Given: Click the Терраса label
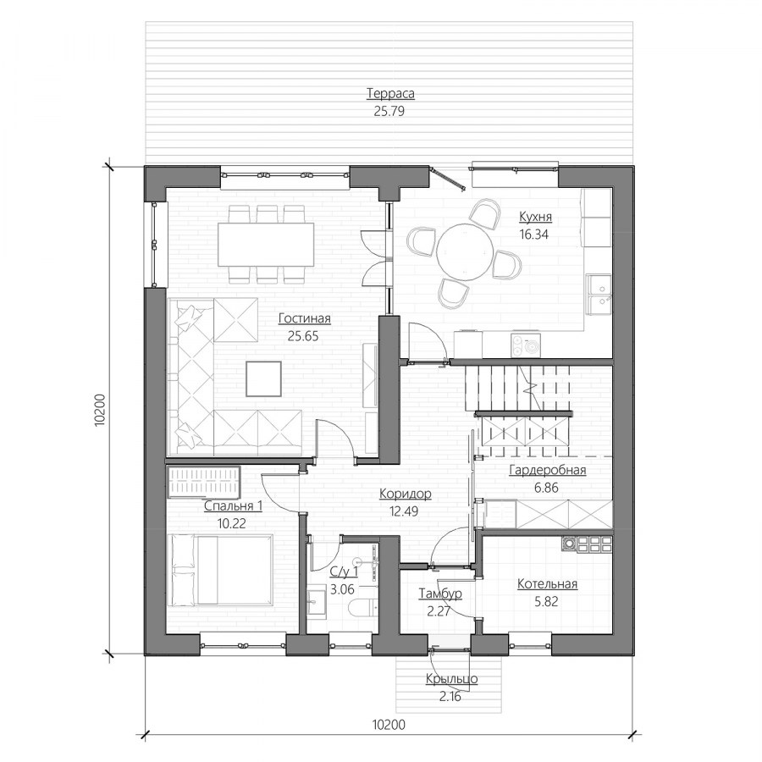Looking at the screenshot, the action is pyautogui.click(x=390, y=93).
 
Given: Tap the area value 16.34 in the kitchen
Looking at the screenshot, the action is pyautogui.click(x=533, y=235).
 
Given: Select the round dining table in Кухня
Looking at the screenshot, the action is pyautogui.click(x=465, y=251).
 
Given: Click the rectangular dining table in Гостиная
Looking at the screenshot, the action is pyautogui.click(x=266, y=244).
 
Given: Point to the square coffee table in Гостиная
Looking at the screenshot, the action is pyautogui.click(x=263, y=378).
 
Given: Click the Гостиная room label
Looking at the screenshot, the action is pyautogui.click(x=304, y=319).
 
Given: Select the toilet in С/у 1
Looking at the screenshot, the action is pyautogui.click(x=363, y=607).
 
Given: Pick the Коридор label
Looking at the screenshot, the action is pyautogui.click(x=406, y=494).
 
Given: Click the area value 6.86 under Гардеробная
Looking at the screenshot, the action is pyautogui.click(x=547, y=488).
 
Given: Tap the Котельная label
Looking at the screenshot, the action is pyautogui.click(x=547, y=583).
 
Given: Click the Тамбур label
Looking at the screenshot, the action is pyautogui.click(x=440, y=594).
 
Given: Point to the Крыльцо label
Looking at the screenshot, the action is pyautogui.click(x=451, y=679).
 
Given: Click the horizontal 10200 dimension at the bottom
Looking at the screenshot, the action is pyautogui.click(x=389, y=725).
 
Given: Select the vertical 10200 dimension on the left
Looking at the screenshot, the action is pyautogui.click(x=100, y=410).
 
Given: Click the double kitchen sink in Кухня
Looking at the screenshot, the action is pyautogui.click(x=599, y=294).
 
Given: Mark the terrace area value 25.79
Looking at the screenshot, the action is pyautogui.click(x=389, y=111).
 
